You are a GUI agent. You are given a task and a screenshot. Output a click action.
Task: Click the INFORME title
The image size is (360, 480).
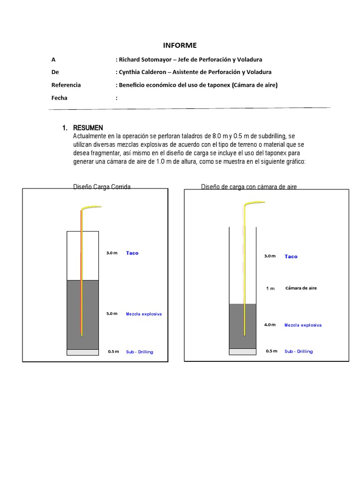180,45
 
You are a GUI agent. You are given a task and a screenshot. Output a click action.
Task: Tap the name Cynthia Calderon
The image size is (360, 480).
141,72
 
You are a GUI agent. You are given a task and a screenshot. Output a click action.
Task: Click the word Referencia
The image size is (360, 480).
66,85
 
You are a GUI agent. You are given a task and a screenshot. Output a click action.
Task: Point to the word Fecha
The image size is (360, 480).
60,98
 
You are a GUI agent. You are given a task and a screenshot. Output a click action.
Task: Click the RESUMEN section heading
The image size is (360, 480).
88,128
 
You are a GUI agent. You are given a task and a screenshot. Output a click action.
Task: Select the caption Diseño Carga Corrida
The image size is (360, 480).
102,187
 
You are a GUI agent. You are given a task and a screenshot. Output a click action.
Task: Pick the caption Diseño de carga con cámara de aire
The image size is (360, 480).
249,187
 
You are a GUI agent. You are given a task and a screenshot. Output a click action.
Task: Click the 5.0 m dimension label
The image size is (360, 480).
112,314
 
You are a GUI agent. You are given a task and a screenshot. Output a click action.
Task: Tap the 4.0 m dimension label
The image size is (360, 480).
270,325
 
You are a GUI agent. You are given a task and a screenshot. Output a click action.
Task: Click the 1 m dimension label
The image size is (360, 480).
270,288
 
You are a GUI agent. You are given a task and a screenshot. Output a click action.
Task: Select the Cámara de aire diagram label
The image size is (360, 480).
301,288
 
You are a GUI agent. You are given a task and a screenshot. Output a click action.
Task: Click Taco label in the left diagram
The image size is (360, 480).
132,253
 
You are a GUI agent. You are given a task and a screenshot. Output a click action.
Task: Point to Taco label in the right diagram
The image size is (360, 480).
291,257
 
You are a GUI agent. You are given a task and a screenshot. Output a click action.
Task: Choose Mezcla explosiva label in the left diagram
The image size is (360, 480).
144,314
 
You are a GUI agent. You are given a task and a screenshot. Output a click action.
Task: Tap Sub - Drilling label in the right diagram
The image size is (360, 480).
299,352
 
